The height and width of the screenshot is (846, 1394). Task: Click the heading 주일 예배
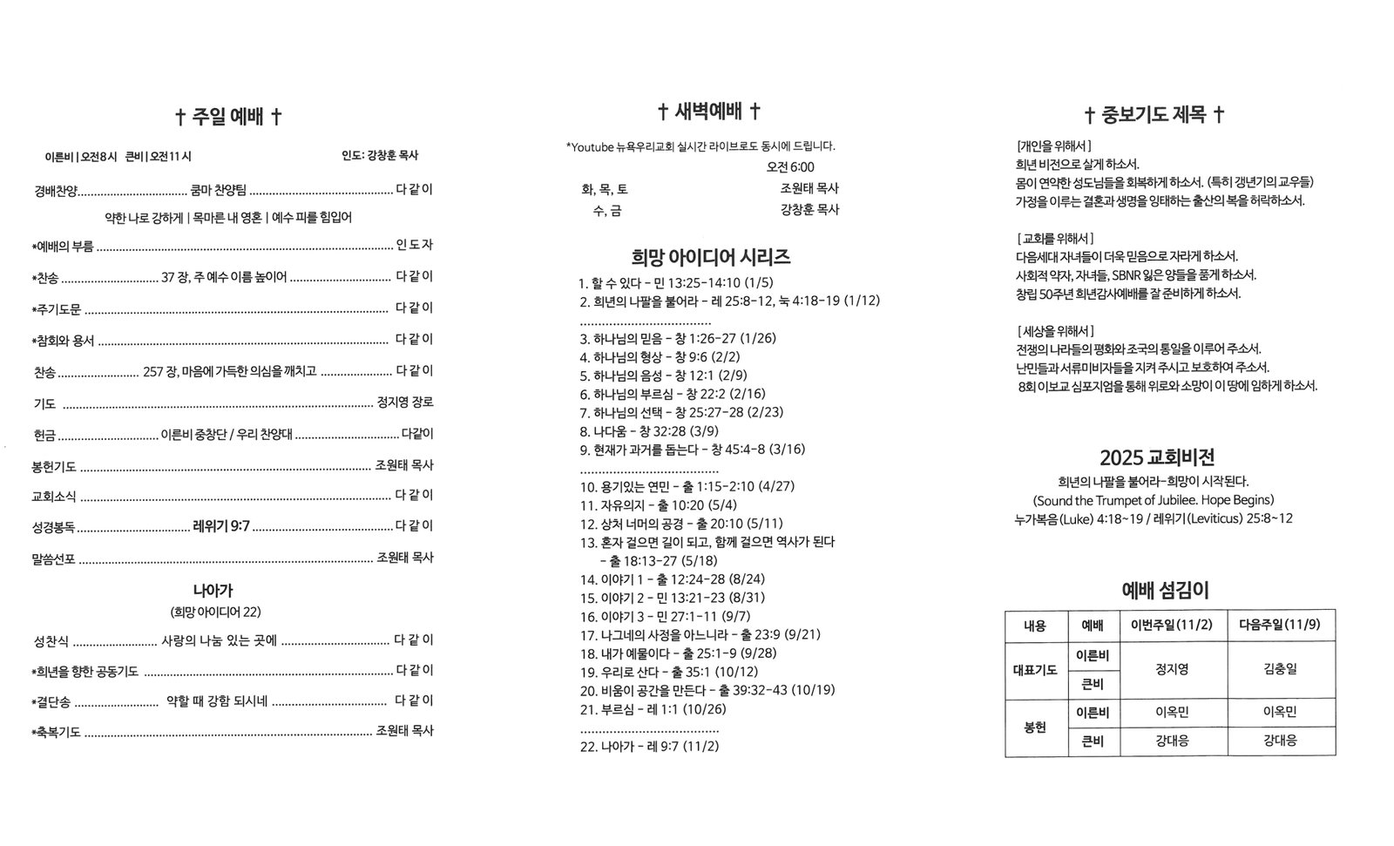(228, 117)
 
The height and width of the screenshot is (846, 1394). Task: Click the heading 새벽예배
(708, 112)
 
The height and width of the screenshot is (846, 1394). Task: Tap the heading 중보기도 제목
(1154, 115)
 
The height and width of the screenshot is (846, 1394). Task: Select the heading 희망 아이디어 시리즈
(710, 257)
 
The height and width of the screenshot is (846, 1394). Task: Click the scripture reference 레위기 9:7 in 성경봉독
(221, 526)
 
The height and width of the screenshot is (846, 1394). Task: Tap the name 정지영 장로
(404, 403)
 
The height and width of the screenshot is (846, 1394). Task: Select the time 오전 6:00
(790, 166)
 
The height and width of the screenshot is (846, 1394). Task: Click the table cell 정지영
(1172, 669)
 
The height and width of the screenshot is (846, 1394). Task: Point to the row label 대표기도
(1035, 669)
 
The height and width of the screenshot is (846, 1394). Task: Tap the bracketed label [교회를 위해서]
(1055, 238)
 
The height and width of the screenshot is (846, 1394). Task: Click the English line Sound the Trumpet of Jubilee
(1154, 500)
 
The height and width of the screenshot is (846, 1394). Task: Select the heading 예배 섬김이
(1165, 591)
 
